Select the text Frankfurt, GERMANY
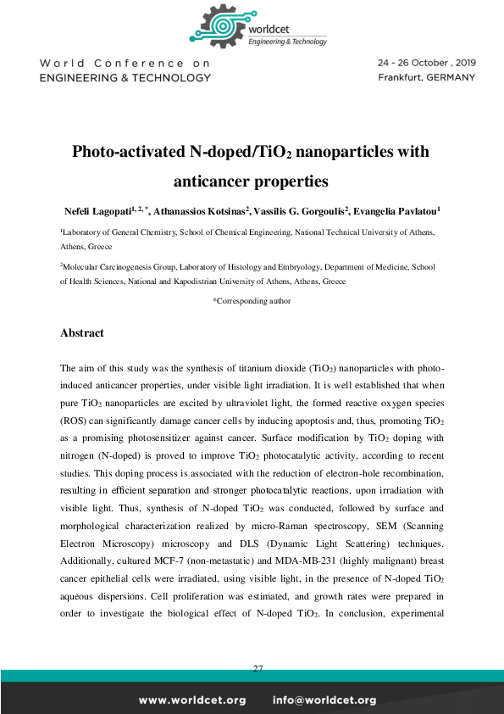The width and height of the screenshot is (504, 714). tap(426, 77)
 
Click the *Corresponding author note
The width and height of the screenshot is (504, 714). tap(252, 300)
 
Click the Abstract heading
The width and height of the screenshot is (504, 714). tap(82, 333)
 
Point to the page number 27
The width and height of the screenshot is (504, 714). tap(258, 669)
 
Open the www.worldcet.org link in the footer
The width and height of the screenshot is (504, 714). tap(192, 700)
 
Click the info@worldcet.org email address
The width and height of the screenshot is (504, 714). tap(324, 700)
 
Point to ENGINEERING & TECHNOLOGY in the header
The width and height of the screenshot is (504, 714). tap(125, 77)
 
